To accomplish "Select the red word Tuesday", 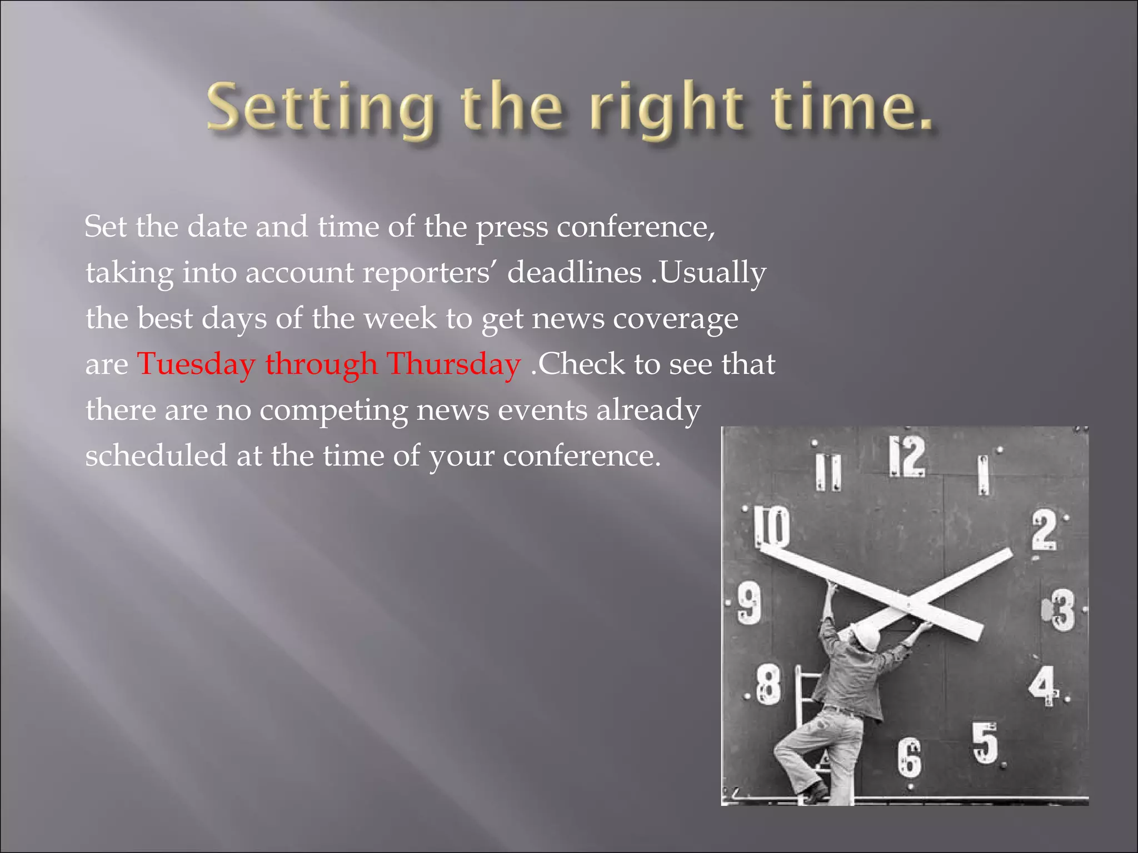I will point(196,364).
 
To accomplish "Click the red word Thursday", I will point(453,364).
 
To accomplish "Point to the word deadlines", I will point(575,273).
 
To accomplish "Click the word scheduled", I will point(156,456).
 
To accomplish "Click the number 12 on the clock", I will point(907,456).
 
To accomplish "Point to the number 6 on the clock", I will point(910,757).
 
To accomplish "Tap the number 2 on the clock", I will point(1044,530).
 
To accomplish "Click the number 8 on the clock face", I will point(769,686).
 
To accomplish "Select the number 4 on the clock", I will point(1042,684).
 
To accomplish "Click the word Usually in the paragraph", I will point(713,273).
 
